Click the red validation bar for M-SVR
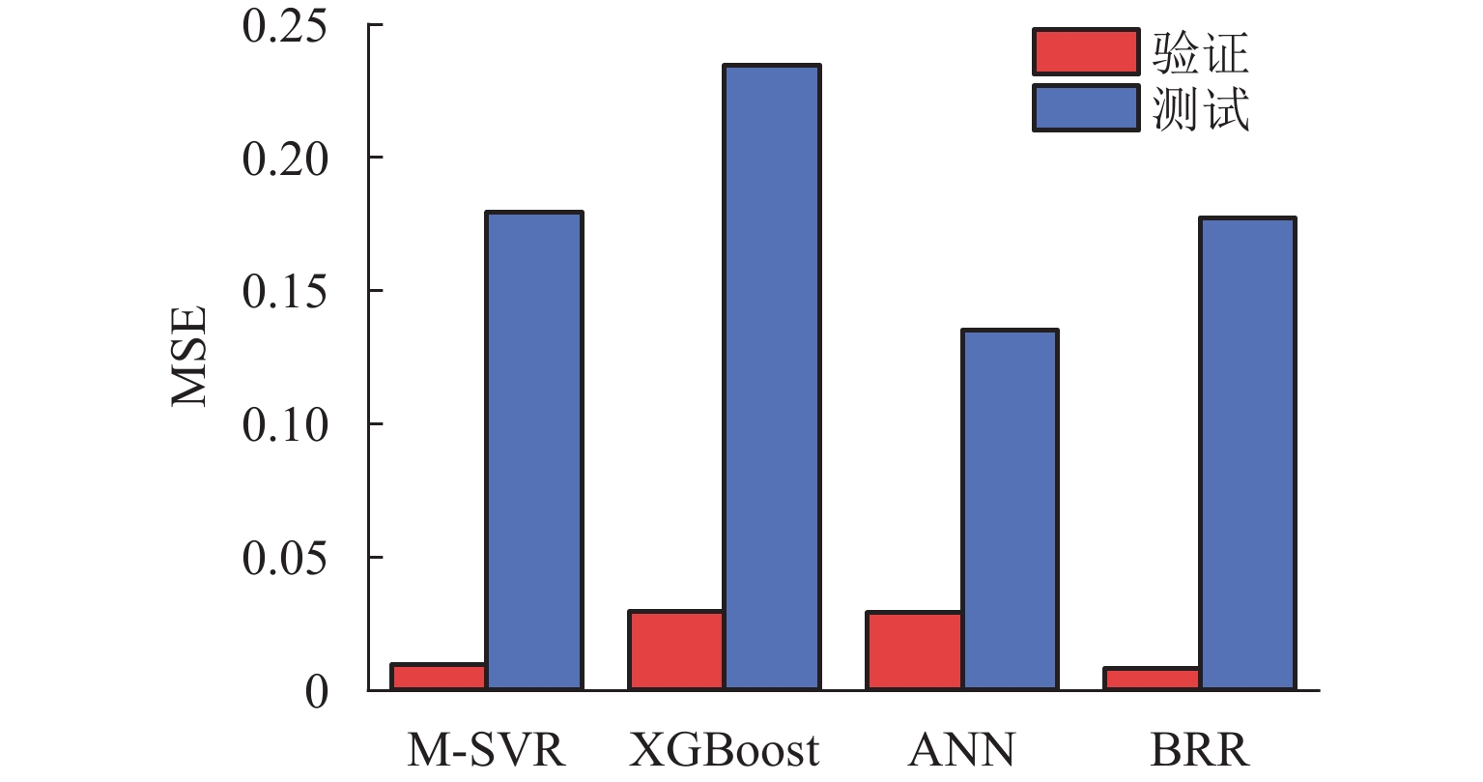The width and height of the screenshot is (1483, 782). point(439,677)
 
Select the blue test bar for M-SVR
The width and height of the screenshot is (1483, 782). point(533,450)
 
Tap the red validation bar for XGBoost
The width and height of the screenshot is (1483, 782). point(676,651)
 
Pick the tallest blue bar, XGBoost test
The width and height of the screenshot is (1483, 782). point(772,377)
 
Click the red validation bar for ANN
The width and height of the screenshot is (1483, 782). point(914,651)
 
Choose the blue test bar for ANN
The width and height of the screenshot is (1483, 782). point(1010,509)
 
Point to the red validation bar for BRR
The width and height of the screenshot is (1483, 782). point(1152,679)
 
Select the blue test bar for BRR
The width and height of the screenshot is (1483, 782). point(1247,453)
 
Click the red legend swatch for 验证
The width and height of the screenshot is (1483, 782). point(1085,52)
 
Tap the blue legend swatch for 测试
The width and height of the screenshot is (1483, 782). point(1085,108)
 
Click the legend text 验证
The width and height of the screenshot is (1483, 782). point(1201,52)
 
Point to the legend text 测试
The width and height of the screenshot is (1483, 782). point(1201,109)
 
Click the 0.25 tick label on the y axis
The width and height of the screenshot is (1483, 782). point(285,26)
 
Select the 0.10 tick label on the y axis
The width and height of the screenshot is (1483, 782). point(285,424)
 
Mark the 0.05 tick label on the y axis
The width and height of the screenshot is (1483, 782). point(285,558)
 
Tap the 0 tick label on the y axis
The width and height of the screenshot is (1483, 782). point(317,692)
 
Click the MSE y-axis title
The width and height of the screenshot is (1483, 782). point(190,358)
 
